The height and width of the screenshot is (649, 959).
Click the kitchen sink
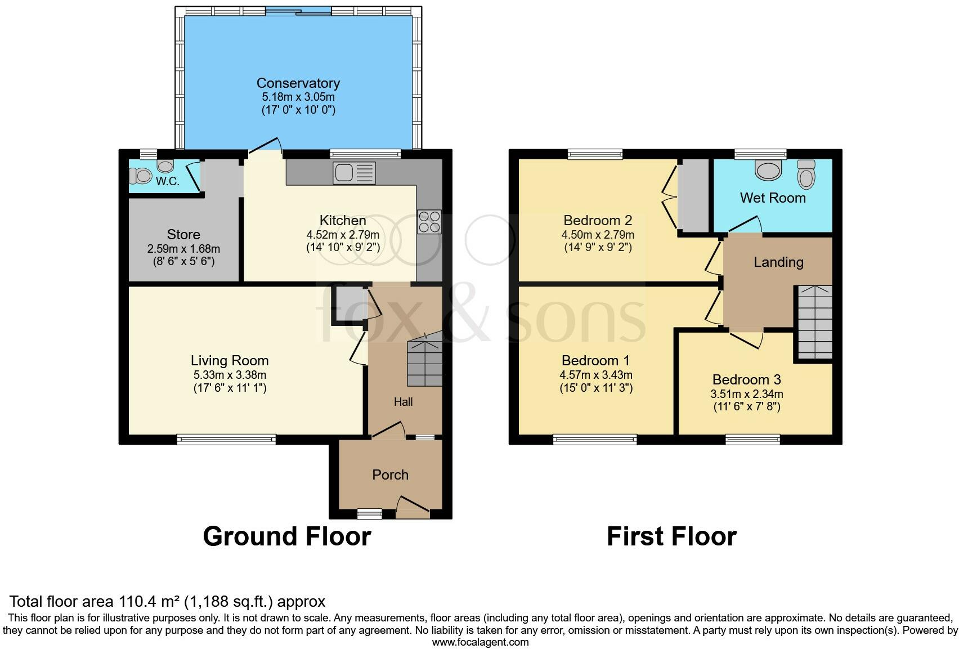click(x=354, y=172)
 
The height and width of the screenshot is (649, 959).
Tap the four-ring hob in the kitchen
click(x=429, y=222)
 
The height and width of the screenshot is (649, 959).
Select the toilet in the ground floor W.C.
click(x=141, y=177)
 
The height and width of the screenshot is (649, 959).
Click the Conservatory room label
click(x=298, y=83)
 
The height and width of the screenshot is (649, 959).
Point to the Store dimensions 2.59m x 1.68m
click(x=183, y=248)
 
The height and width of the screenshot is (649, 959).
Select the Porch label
click(x=390, y=475)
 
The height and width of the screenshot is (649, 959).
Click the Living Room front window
click(x=226, y=439)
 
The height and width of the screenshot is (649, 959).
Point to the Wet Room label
click(x=773, y=198)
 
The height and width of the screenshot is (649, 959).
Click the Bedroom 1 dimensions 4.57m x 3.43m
click(x=595, y=374)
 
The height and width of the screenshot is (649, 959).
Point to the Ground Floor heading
click(x=286, y=536)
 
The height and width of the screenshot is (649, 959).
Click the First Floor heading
click(x=671, y=536)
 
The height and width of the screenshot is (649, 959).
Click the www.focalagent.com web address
click(x=480, y=642)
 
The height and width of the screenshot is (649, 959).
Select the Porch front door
click(x=413, y=508)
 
